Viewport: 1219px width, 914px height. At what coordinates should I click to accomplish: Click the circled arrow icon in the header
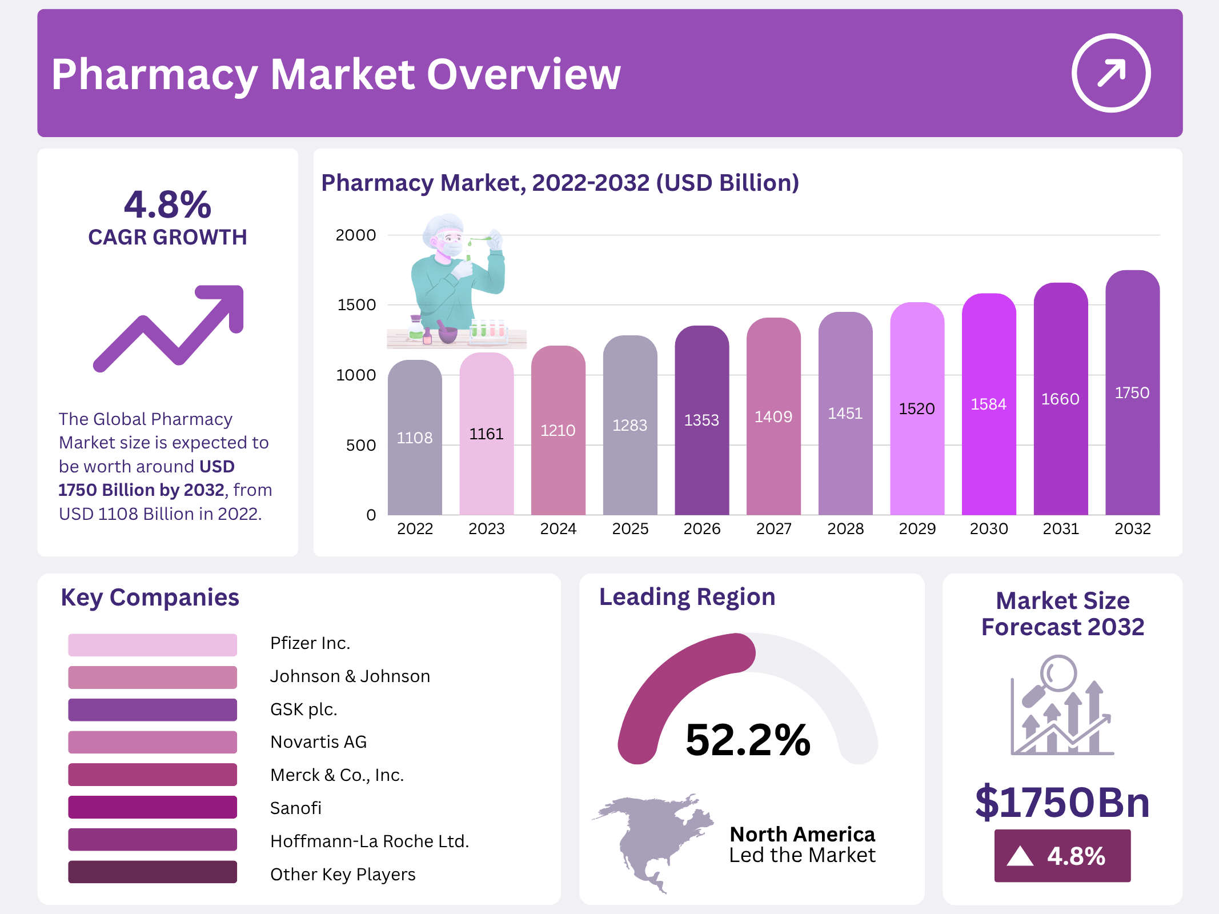[1110, 73]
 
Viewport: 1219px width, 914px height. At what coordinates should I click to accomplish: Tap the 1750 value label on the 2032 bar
[1132, 393]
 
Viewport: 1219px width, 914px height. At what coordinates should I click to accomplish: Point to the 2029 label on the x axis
[917, 529]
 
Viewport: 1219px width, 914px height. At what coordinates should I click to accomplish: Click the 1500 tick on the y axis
[356, 305]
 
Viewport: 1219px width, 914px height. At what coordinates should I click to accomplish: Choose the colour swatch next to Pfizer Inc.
[152, 644]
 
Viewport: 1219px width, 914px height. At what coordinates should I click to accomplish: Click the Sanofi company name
[295, 808]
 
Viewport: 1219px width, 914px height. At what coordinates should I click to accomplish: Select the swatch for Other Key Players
[152, 872]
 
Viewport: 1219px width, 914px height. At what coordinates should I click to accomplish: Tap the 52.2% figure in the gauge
[748, 740]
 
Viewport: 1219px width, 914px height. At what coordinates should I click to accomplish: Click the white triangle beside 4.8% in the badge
[1020, 856]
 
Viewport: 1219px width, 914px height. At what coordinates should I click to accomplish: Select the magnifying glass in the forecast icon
[1057, 674]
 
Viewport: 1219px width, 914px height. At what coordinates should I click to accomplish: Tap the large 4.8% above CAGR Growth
[167, 205]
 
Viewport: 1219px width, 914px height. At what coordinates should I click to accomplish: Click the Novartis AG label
[318, 742]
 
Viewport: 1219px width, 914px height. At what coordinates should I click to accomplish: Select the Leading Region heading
[687, 597]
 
